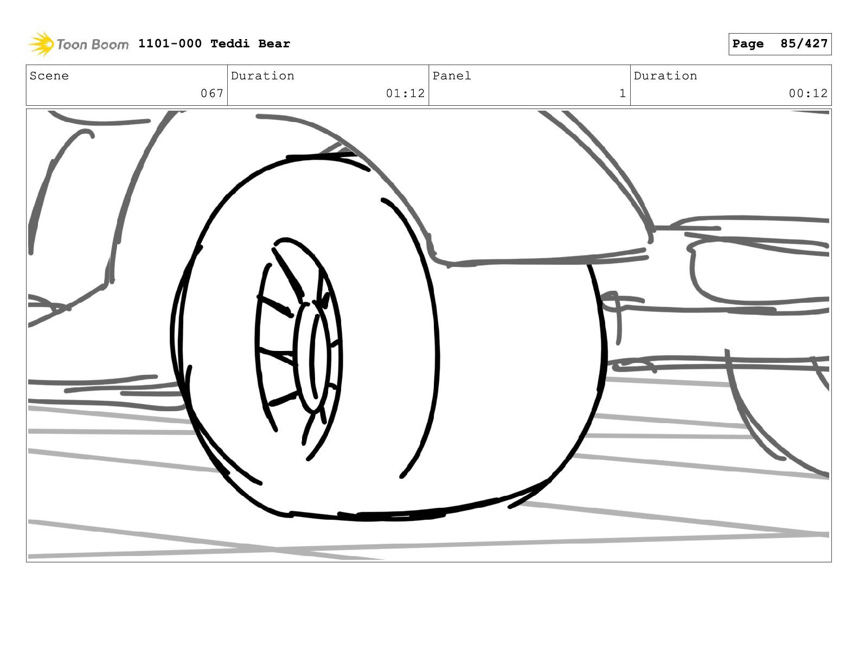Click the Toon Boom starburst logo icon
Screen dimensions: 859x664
coord(41,44)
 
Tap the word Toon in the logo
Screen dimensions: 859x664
coord(72,44)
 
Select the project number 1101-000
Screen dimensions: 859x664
coord(170,43)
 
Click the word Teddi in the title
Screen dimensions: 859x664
coord(230,43)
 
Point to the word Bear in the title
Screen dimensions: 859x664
coord(274,43)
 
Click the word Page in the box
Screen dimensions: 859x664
coord(748,44)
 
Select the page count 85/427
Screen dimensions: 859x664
coord(804,43)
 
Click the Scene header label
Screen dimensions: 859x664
coord(49,75)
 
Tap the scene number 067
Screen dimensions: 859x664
coord(212,93)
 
